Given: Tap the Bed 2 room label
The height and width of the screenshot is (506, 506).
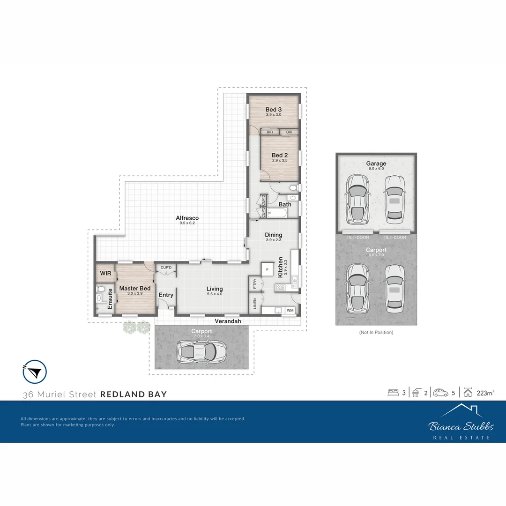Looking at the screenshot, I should (280, 155).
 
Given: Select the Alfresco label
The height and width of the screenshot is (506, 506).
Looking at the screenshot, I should (187, 218).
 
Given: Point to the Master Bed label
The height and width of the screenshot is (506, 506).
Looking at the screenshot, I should (135, 288).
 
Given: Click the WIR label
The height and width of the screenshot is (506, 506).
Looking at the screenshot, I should (104, 273).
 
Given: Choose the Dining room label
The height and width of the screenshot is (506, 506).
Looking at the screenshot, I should (274, 235).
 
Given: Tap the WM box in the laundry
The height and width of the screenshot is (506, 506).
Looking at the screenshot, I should (290, 310).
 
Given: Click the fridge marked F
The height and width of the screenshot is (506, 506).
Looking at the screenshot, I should (267, 269).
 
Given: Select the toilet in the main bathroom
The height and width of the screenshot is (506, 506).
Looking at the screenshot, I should (293, 188).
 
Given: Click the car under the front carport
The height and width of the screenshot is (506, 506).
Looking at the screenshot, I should (201, 350).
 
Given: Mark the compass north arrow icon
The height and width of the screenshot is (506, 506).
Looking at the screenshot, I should (35, 372).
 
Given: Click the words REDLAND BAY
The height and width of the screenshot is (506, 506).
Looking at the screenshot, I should (134, 394).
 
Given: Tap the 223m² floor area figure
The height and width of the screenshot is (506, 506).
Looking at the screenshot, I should (485, 393).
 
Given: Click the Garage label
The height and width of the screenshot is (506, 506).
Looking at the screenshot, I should (376, 164).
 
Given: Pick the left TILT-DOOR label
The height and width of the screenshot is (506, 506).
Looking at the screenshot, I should (357, 238).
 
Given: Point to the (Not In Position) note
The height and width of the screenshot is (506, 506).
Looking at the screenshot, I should (376, 332).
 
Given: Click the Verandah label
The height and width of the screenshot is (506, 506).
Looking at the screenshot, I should (228, 321).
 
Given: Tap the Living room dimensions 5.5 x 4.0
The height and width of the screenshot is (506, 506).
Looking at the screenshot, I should (215, 294).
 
